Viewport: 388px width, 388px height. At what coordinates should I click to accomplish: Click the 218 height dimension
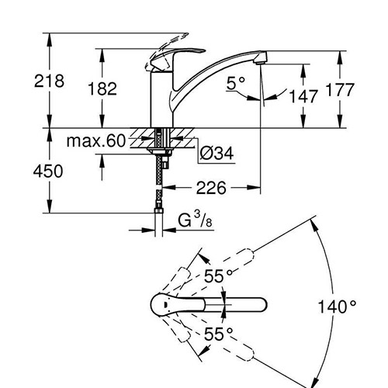(x=49, y=81)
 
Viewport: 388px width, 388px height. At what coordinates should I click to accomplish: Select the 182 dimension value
(x=102, y=88)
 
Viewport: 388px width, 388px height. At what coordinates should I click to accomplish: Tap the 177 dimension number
(x=340, y=90)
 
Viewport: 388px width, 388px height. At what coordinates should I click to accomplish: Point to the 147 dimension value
(x=303, y=96)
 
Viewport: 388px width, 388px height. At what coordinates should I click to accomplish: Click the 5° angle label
(x=236, y=84)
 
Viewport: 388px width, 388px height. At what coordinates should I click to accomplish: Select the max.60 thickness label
(x=96, y=141)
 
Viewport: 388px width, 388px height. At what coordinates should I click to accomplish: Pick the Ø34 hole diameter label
(x=217, y=153)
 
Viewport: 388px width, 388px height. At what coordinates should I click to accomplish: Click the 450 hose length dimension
(x=48, y=171)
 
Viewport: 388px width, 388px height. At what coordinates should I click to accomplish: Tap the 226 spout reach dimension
(x=211, y=188)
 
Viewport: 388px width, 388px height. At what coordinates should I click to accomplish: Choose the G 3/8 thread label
(x=196, y=220)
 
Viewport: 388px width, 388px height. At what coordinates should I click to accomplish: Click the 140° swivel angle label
(x=337, y=307)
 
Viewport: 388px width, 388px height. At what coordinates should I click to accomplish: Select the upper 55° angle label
(x=218, y=276)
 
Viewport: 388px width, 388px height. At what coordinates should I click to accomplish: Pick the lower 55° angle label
(x=218, y=334)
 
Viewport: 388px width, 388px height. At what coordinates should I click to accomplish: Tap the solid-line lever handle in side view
(x=176, y=58)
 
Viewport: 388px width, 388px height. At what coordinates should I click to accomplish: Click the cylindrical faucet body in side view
(x=161, y=99)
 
